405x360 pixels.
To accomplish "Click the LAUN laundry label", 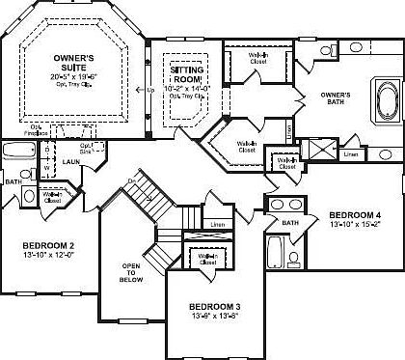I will [70, 163].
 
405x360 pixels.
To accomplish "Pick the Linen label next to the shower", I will [352, 153].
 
